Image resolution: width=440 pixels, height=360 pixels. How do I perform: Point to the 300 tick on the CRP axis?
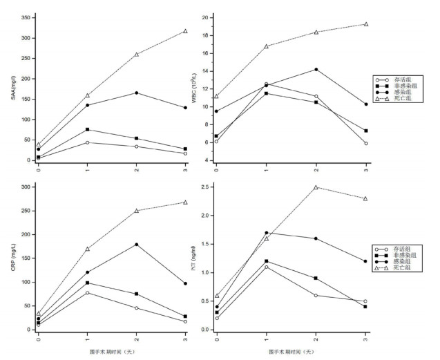[x=28, y=187]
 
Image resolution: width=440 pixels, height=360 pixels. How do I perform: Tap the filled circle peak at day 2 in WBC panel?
[x=316, y=69]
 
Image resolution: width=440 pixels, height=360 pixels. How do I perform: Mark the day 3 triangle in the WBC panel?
[x=365, y=24]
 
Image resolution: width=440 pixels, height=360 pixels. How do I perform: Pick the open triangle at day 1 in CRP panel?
[x=87, y=249]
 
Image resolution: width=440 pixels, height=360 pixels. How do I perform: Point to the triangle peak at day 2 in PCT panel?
[x=316, y=187]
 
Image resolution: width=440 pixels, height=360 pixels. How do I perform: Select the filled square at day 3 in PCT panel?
[x=365, y=307]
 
